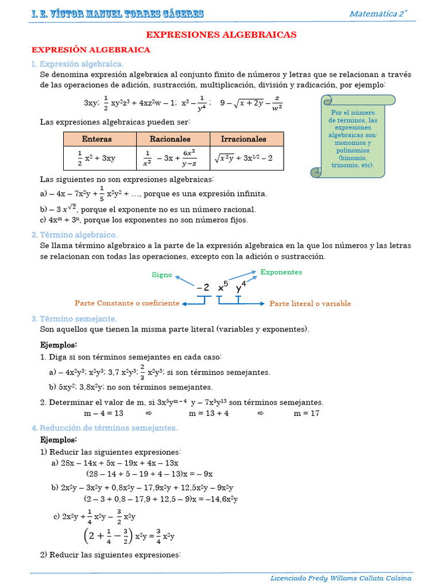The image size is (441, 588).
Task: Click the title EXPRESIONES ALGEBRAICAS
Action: (221, 34)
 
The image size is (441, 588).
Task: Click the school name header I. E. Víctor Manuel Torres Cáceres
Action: (117, 14)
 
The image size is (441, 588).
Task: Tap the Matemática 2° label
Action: (378, 14)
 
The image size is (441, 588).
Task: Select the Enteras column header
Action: (97, 139)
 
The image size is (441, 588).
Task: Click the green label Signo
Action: (162, 275)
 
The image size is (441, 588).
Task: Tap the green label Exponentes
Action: (281, 272)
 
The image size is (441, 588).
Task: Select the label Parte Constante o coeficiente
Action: (127, 303)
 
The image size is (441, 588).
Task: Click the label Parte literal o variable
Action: (310, 304)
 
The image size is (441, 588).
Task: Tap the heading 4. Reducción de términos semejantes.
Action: (105, 428)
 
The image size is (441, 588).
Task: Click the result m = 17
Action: (307, 413)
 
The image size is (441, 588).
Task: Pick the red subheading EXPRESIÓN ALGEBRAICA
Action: (90, 50)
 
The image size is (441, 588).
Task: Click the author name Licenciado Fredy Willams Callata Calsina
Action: (341, 578)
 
